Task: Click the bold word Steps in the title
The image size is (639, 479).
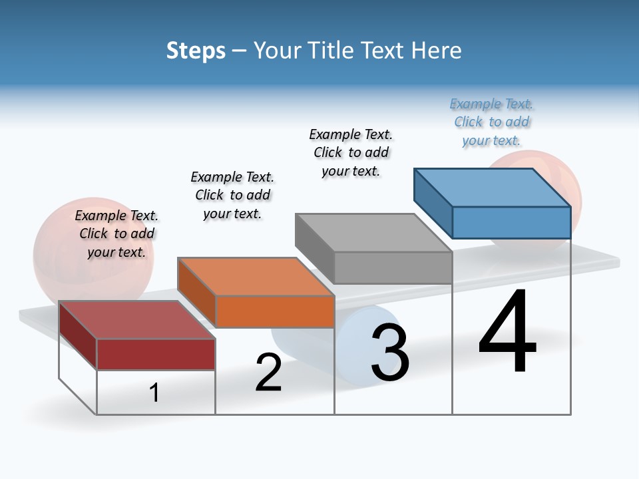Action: point(196,51)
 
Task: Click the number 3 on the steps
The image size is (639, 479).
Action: point(390,353)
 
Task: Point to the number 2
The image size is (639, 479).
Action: point(268,373)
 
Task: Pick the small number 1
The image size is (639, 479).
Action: point(154,393)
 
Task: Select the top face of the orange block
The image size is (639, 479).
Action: point(256,276)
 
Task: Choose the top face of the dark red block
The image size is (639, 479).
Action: point(137,319)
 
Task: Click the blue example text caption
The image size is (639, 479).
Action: point(492,122)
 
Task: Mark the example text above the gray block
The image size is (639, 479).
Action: point(351,152)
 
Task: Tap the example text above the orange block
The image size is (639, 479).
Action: point(232,195)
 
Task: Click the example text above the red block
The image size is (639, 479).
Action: point(116,234)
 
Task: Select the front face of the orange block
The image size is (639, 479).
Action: point(275,311)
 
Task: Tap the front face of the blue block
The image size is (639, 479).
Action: point(511,222)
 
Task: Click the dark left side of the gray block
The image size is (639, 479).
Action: point(314,247)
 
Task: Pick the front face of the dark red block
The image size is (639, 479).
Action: point(156,354)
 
